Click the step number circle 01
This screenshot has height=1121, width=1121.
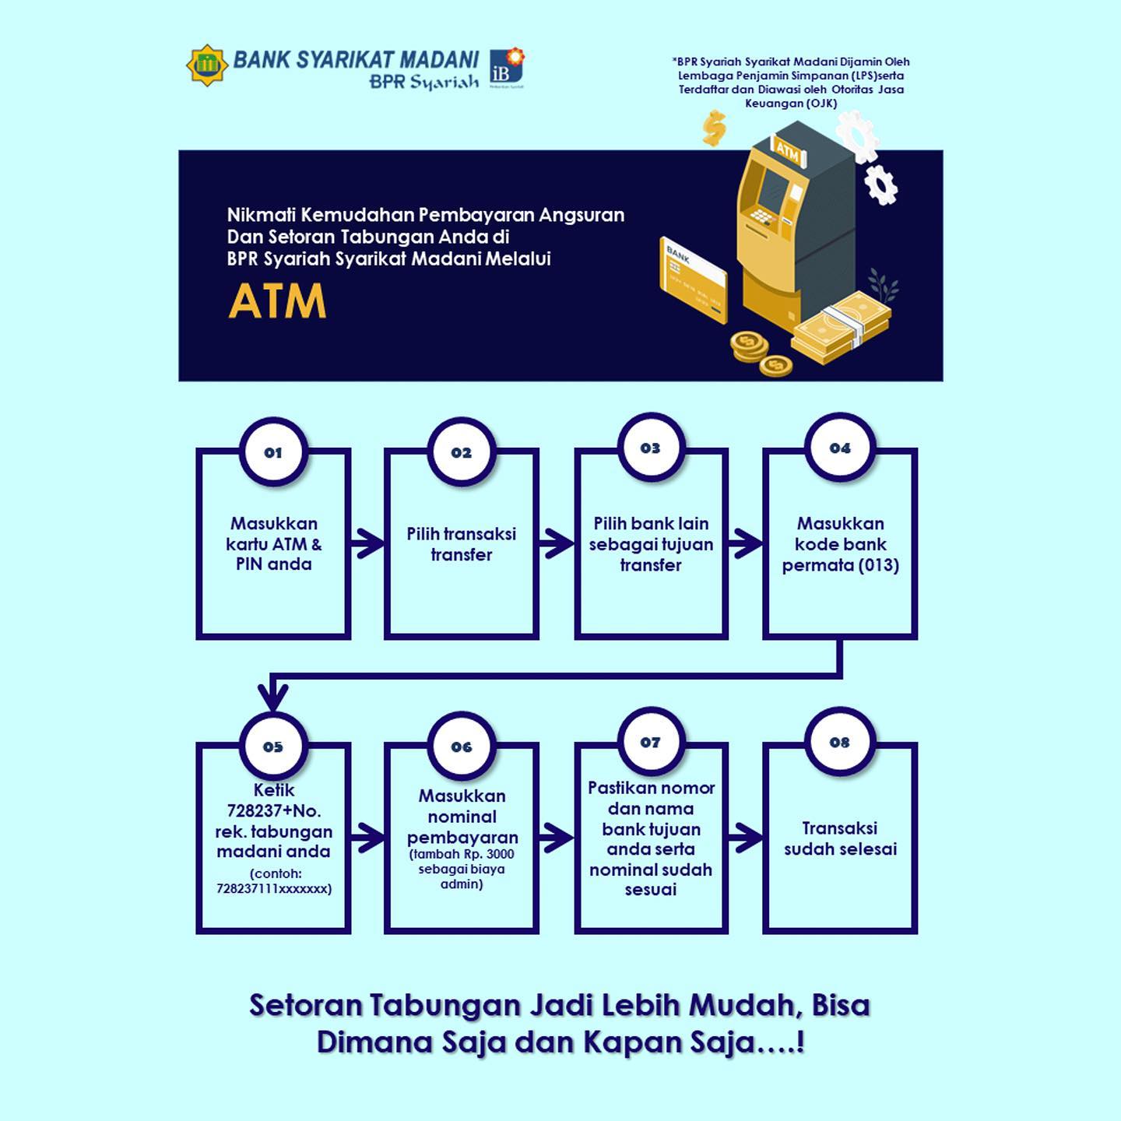coord(273,452)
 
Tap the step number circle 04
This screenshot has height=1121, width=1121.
coord(840,448)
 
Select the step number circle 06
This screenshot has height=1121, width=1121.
coord(462,747)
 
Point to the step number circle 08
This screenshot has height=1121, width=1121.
coord(840,742)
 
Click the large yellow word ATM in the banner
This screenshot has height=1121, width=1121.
coord(277,301)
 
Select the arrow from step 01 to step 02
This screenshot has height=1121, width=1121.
coord(367,543)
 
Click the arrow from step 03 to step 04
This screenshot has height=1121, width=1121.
coord(746,543)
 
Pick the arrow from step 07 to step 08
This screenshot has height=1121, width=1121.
coord(746,838)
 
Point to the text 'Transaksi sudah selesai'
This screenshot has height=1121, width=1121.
coord(840,838)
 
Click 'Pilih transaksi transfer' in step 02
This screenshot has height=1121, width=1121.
coord(462,544)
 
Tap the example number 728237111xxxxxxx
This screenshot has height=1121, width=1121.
coord(274,888)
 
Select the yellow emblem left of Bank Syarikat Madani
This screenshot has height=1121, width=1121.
coord(206,65)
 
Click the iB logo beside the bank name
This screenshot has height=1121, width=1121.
coord(506,67)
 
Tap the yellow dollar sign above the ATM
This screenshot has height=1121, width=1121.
coord(714,127)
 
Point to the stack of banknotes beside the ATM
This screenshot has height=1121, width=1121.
coord(842,327)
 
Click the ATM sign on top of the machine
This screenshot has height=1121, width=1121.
coord(787,151)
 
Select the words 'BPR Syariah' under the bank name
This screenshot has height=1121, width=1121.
coord(424,82)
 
